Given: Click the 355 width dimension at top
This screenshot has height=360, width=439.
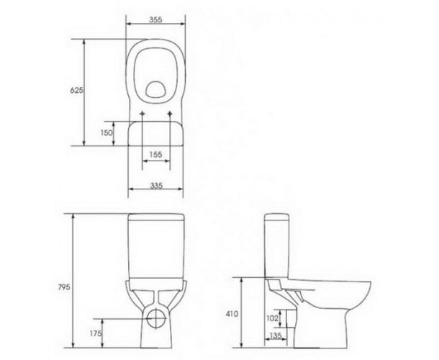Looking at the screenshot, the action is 155,19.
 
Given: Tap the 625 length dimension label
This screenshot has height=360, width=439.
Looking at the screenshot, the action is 76,90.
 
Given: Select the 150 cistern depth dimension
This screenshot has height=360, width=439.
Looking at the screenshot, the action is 107,132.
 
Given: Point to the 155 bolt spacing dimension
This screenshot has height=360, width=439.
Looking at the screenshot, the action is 155,154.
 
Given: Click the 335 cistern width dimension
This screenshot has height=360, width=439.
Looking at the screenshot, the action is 156,186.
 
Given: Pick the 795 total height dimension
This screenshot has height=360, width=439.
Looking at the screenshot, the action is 64,287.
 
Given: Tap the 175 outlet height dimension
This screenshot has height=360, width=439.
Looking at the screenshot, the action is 96,333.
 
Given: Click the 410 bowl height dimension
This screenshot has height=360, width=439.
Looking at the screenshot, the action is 232,314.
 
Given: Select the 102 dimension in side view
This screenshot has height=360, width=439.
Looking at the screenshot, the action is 273,318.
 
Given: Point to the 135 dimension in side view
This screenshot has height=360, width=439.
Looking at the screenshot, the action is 276,336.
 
